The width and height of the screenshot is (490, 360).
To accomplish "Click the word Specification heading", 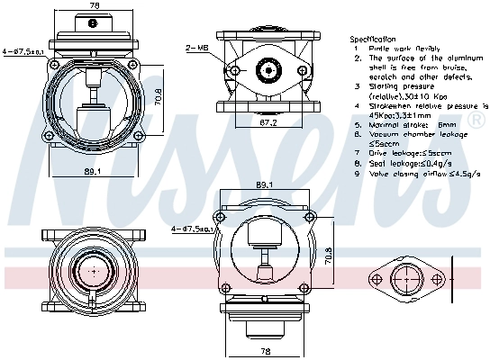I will tap(372, 40).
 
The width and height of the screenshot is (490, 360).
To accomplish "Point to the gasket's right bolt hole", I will tap(440, 274).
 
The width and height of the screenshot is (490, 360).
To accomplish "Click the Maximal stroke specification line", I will tap(399, 125).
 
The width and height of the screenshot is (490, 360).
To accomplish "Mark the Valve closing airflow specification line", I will tap(412, 174).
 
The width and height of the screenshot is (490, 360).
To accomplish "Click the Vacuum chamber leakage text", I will tap(407, 134).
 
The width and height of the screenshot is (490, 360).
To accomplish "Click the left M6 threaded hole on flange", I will tap(233, 69).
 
